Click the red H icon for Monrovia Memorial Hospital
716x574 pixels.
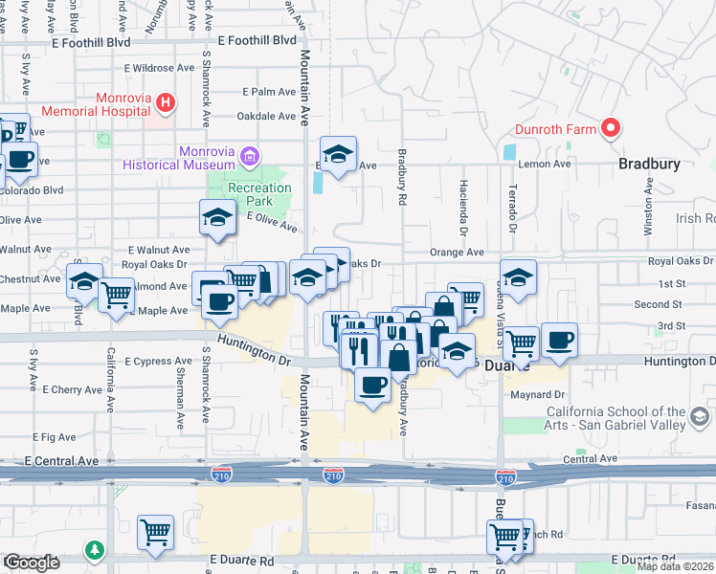[166, 102]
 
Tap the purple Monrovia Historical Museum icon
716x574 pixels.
[250, 155]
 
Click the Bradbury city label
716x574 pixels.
[649, 164]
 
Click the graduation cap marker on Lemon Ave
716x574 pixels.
[338, 154]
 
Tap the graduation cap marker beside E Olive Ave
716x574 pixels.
[217, 216]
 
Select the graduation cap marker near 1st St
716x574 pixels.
[518, 276]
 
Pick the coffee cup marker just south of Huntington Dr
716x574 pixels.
[372, 384]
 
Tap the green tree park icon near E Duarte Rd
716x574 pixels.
[94, 550]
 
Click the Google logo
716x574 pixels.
[32, 563]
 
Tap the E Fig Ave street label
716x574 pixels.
[55, 436]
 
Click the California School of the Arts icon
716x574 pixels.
[700, 417]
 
